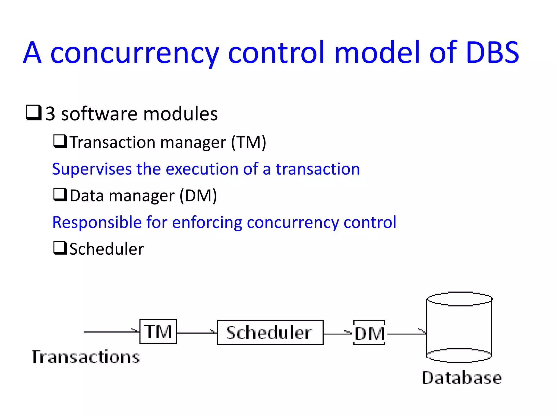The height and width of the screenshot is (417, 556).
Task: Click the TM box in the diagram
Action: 158,331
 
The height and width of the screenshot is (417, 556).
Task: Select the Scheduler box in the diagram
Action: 270,333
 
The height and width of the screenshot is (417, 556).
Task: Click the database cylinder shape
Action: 459,327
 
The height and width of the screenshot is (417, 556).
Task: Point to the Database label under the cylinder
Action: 462,378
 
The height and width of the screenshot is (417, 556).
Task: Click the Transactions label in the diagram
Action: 86,357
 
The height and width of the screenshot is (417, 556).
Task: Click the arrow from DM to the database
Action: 406,334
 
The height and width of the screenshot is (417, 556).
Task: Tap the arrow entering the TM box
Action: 111,331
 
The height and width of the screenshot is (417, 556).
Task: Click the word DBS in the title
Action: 492,53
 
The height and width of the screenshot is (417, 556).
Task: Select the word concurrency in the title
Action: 135,53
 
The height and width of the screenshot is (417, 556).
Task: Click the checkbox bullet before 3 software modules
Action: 34,113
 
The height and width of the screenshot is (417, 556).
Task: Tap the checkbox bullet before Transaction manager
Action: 60,141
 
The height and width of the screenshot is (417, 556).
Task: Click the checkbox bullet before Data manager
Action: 60,195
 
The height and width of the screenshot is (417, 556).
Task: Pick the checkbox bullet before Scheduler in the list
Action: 60,248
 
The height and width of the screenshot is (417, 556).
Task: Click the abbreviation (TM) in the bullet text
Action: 248,142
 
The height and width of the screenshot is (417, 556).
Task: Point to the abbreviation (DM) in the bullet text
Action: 198,195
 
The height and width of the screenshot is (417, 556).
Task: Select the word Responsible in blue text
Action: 97,222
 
